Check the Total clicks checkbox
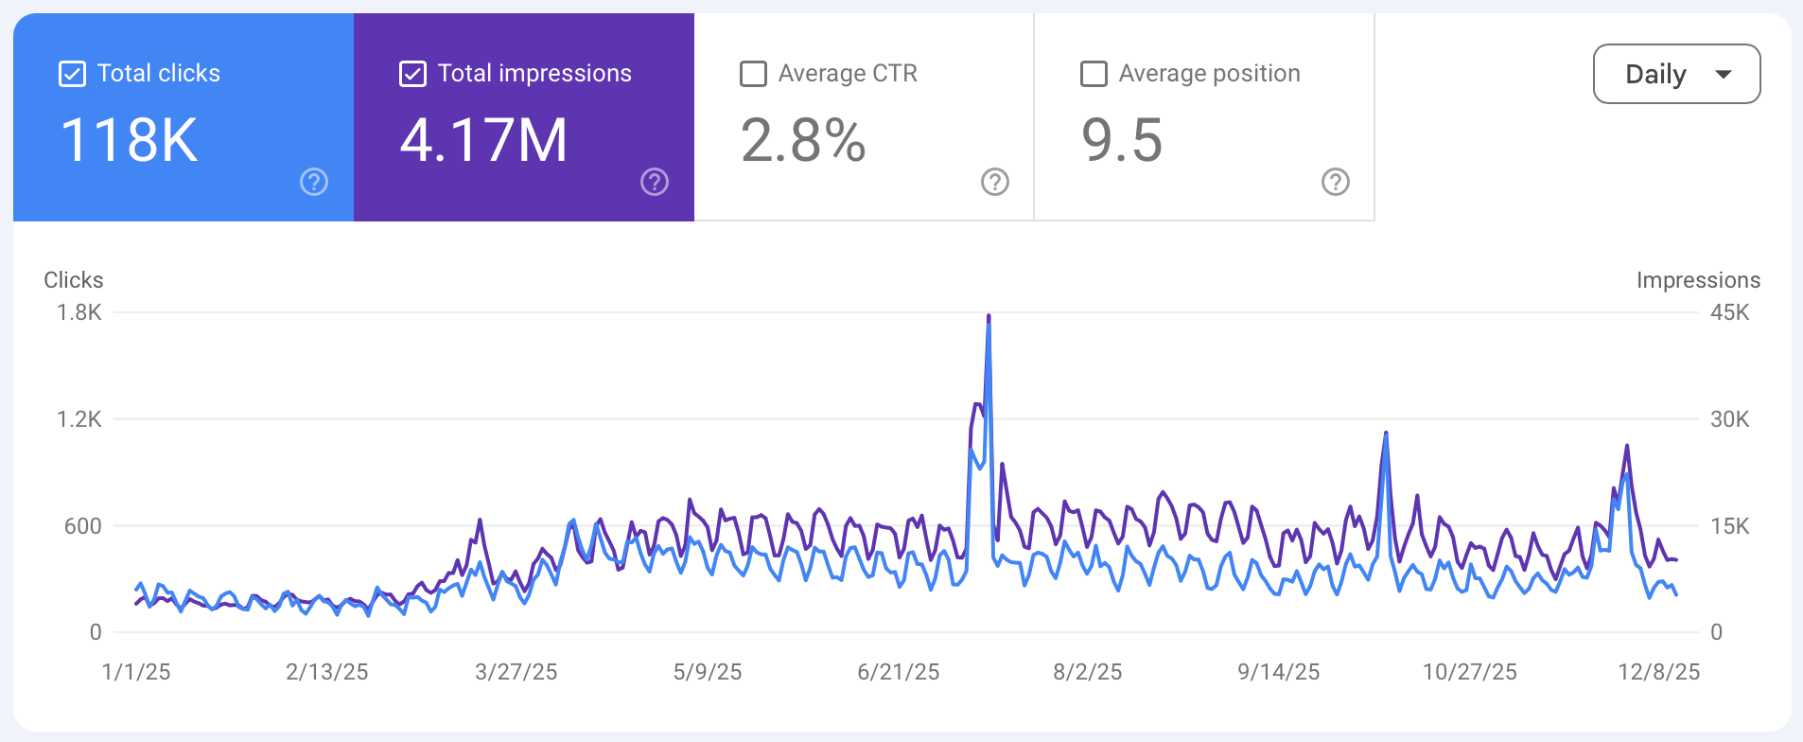click(73, 74)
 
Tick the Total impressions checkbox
click(413, 74)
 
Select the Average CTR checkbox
click(753, 74)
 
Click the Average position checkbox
click(1094, 74)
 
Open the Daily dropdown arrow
click(1724, 74)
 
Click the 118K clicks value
click(130, 140)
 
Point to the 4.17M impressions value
click(483, 140)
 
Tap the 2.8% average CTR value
click(802, 140)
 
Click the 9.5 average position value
click(1121, 140)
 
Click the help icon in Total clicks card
click(314, 182)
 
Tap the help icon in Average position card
click(1335, 182)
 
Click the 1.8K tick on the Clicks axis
click(79, 312)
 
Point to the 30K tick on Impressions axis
click(1729, 419)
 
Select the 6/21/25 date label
click(898, 672)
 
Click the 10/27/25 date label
click(1469, 672)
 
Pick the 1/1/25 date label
click(136, 672)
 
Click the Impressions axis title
click(1698, 280)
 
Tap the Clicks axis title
click(74, 280)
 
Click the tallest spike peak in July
click(989, 317)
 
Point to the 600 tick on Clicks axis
click(83, 526)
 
